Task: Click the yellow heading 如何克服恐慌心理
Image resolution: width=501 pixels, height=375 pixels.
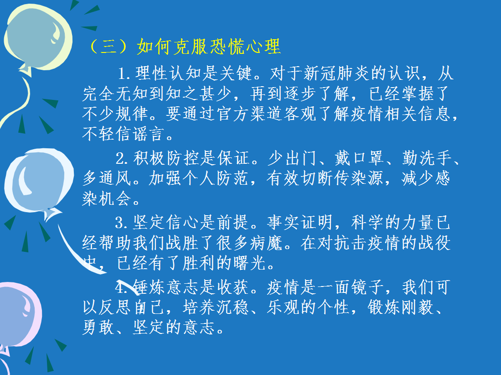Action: coord(209,47)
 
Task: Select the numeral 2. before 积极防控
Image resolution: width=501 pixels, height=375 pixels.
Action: coord(122,159)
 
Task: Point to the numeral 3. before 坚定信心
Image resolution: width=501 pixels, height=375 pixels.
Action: coord(122,223)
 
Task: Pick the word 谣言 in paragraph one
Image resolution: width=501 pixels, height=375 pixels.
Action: coord(149,134)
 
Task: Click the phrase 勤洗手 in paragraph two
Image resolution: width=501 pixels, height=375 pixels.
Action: coord(427,158)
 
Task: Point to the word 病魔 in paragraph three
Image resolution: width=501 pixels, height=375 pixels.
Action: coord(267,243)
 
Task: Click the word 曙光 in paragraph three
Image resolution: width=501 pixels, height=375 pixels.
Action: coord(250,263)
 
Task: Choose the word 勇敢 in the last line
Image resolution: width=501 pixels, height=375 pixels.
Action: coord(98,328)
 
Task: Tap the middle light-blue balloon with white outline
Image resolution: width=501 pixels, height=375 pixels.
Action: coord(38,182)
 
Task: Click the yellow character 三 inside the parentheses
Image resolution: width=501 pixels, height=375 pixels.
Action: coord(108,47)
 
